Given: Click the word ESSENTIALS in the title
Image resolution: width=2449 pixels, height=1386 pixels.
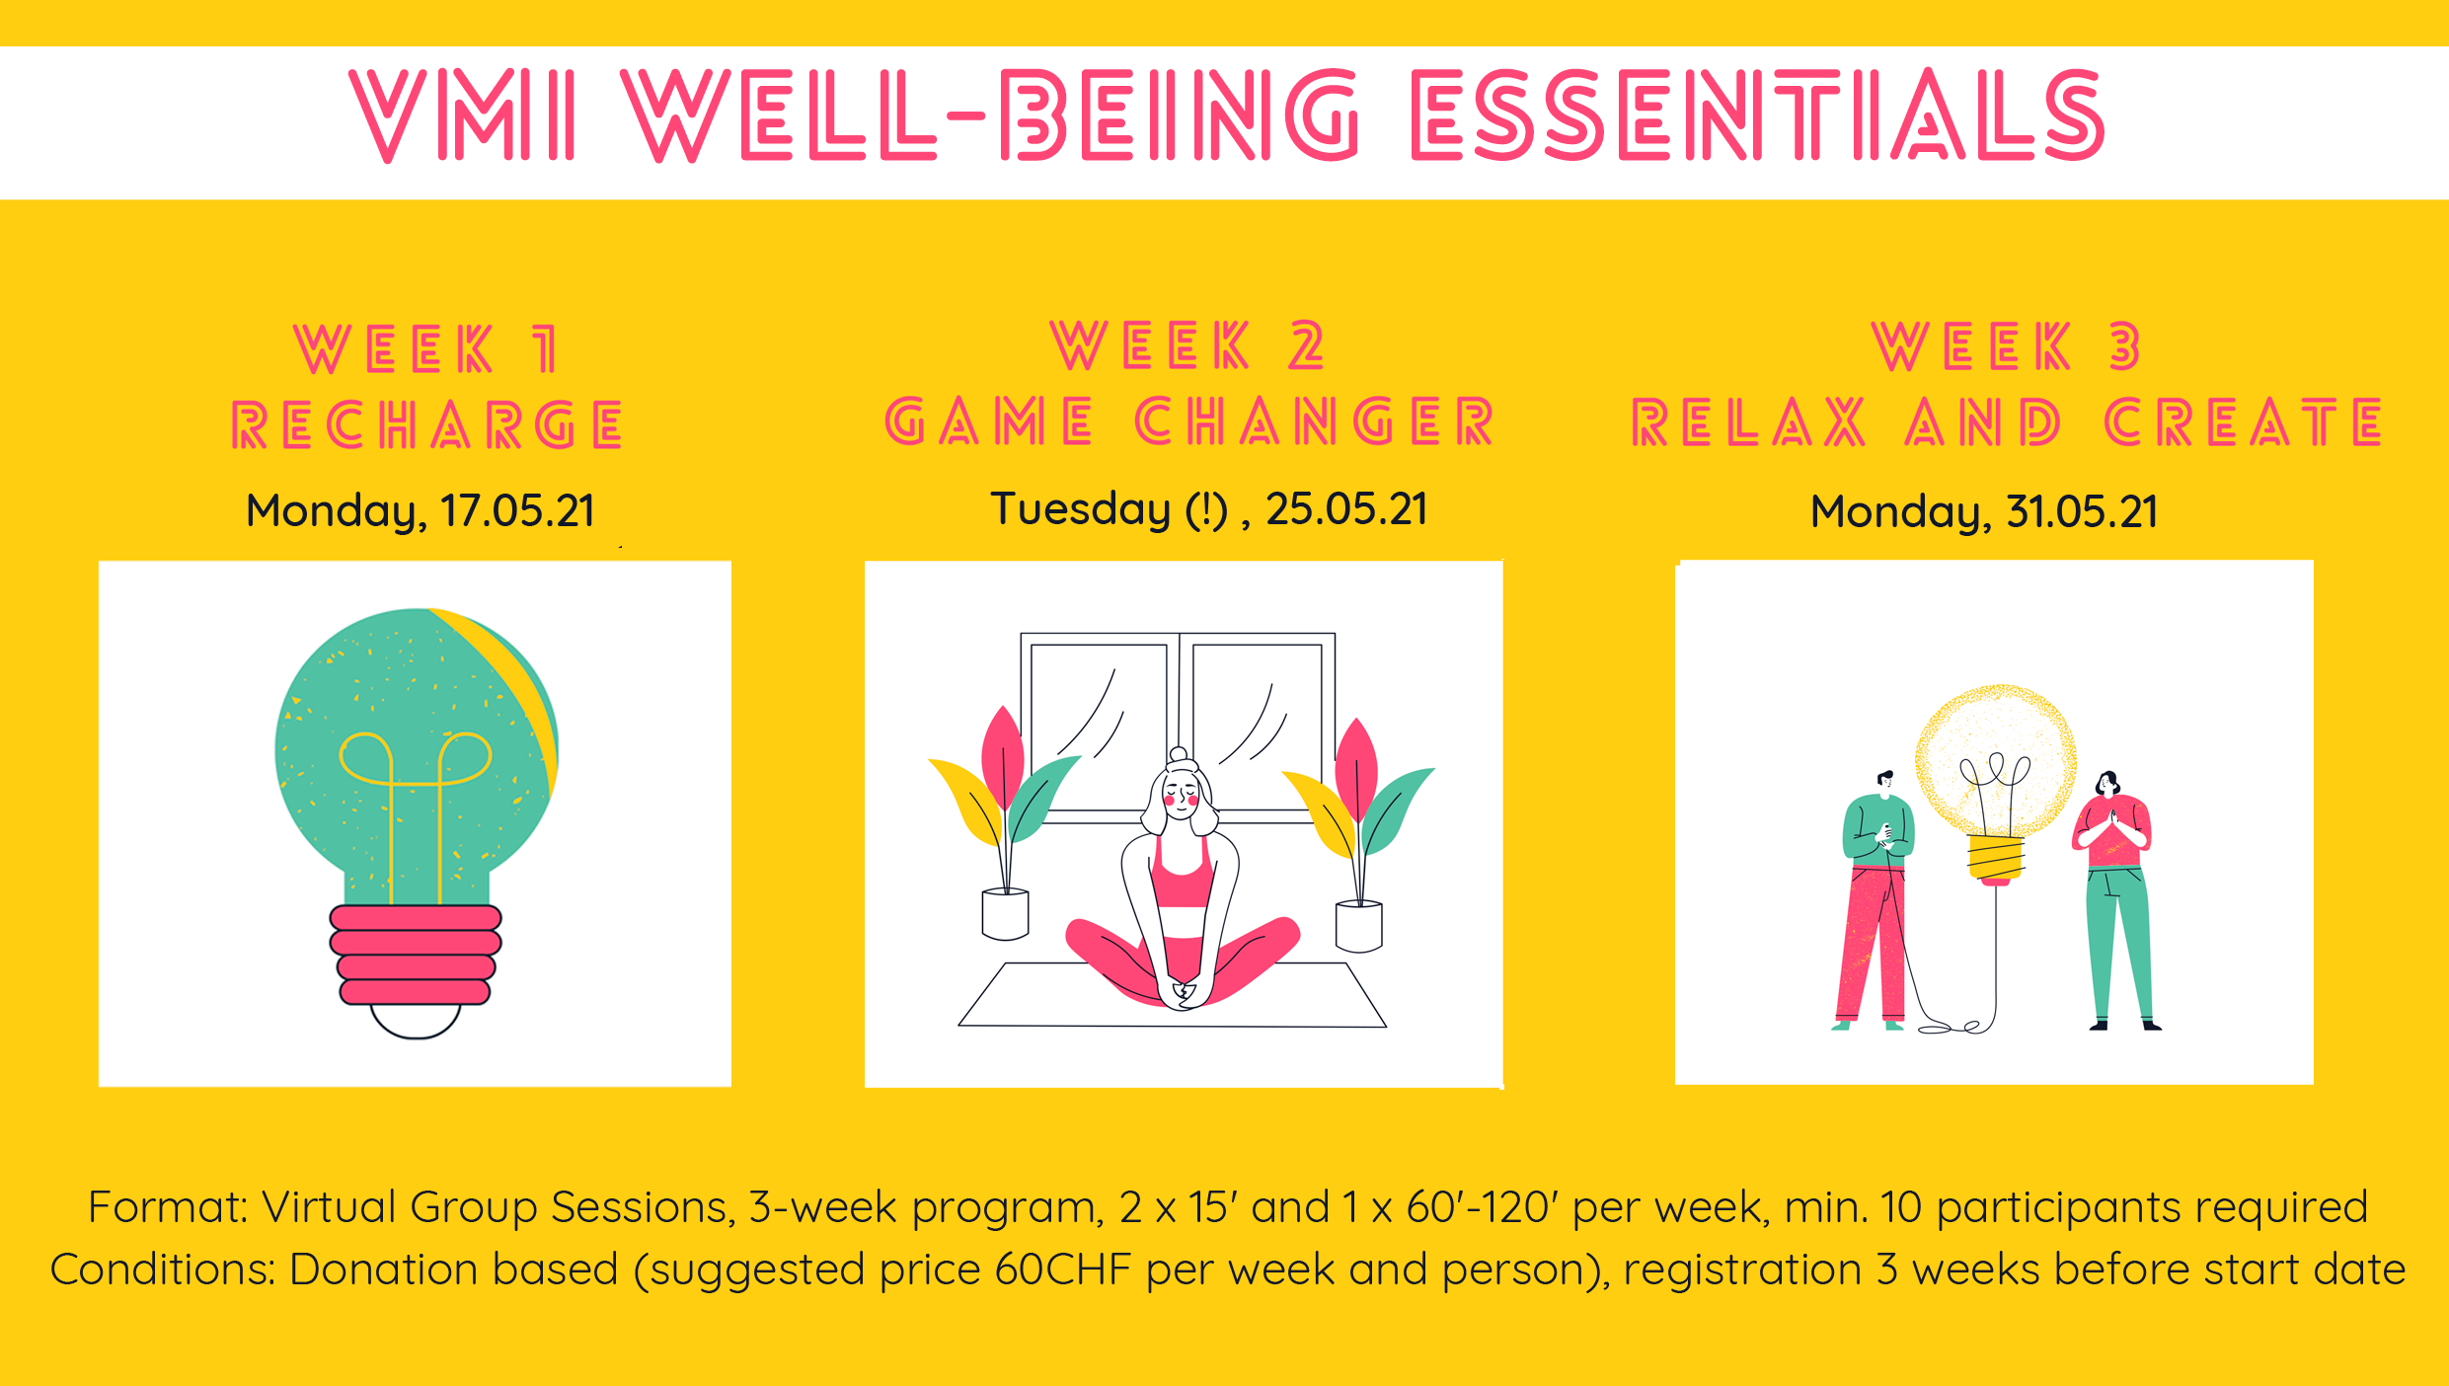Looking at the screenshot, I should pos(1757,115).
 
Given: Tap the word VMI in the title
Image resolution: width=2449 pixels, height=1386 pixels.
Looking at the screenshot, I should pos(462,115).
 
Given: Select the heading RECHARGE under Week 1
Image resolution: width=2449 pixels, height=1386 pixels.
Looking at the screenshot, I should pos(426,424).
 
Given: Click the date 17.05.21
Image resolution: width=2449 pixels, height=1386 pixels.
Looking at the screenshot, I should pos(517,511).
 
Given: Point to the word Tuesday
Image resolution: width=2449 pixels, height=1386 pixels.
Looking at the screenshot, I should pos(1080,509).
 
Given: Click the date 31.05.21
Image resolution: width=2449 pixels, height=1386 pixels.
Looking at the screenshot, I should pos(2082,512).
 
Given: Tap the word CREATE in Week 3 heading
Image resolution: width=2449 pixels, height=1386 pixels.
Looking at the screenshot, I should pos(2244,423).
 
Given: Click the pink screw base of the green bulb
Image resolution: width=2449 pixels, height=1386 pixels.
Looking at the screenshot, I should pos(416,955).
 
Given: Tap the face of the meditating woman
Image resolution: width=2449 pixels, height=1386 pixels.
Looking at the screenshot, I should pos(1182,794).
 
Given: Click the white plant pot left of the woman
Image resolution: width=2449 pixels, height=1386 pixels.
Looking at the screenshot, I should pos(1005,913).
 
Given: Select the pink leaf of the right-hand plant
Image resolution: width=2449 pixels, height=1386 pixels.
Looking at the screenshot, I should pos(1356,765).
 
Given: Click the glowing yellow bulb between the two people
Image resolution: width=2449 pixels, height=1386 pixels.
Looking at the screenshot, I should pos(1995,765).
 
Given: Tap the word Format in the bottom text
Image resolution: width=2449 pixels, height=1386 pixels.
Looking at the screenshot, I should pos(168,1207).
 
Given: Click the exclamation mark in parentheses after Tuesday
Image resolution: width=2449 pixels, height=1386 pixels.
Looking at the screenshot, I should pos(1206,509).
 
